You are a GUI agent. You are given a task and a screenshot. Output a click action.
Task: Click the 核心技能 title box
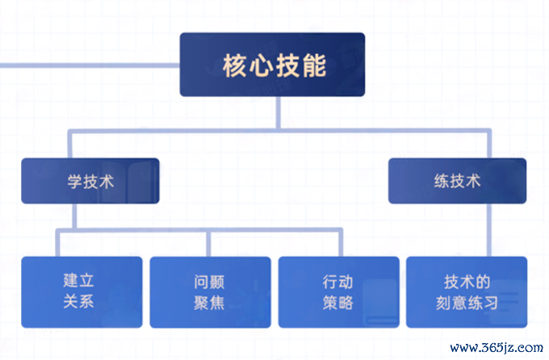[x=272, y=65]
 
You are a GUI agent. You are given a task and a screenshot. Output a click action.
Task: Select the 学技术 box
[x=90, y=181]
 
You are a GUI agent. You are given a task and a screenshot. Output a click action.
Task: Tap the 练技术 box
[x=457, y=181]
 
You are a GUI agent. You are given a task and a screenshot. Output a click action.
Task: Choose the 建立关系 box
[x=82, y=292]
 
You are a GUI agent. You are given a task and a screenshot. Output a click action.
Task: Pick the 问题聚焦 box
[x=210, y=292]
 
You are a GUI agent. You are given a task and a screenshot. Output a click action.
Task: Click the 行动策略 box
[x=338, y=292]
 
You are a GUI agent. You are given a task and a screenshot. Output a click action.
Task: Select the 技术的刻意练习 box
[x=467, y=292]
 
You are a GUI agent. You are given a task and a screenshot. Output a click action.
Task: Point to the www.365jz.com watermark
[x=497, y=347]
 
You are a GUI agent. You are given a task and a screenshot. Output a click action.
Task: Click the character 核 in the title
[x=235, y=65]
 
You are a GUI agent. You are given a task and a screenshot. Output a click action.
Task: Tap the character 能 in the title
[x=314, y=65]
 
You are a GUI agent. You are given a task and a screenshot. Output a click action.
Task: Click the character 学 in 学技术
[x=75, y=182]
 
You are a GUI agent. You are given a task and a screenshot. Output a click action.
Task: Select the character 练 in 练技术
[x=442, y=182]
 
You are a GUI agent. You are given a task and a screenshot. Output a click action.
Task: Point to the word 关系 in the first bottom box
[x=79, y=302]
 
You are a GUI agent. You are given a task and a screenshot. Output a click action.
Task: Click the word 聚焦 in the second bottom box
[x=209, y=303]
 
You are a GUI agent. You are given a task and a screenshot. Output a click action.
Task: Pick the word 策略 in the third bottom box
[x=337, y=303]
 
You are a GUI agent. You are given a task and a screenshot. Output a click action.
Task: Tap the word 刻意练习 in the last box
[x=467, y=303]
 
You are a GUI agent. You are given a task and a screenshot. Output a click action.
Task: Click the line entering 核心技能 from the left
[x=90, y=65]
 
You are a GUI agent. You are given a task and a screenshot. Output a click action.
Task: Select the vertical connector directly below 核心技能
[x=279, y=113]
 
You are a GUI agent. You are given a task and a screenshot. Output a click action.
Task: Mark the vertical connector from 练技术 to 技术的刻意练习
[x=489, y=230]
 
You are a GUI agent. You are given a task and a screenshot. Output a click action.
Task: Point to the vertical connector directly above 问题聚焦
[x=208, y=244]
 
